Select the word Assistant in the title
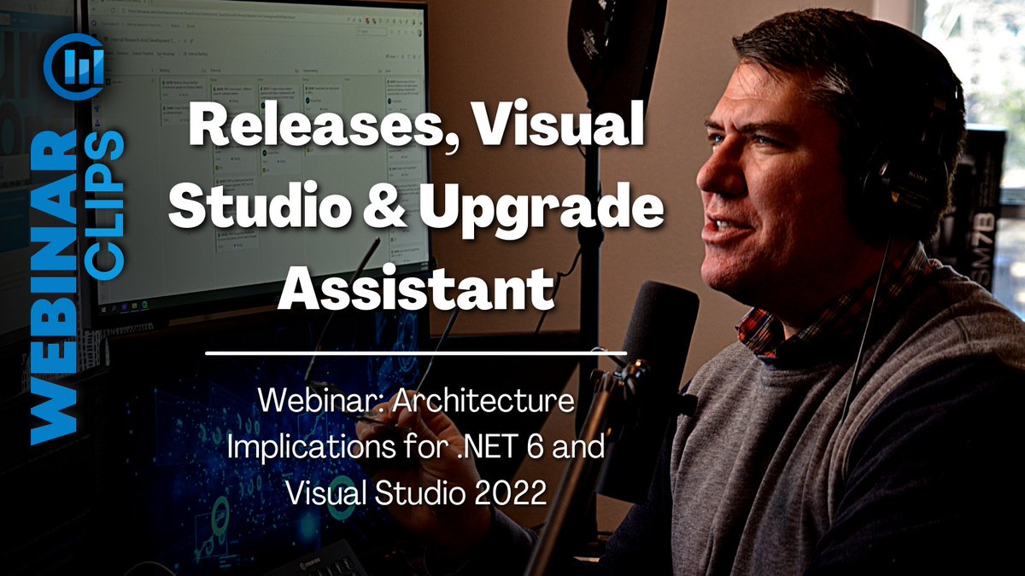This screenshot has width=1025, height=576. pos(416,288)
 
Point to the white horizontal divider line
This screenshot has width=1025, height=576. pos(416,352)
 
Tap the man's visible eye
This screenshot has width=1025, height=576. pos(750,141)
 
